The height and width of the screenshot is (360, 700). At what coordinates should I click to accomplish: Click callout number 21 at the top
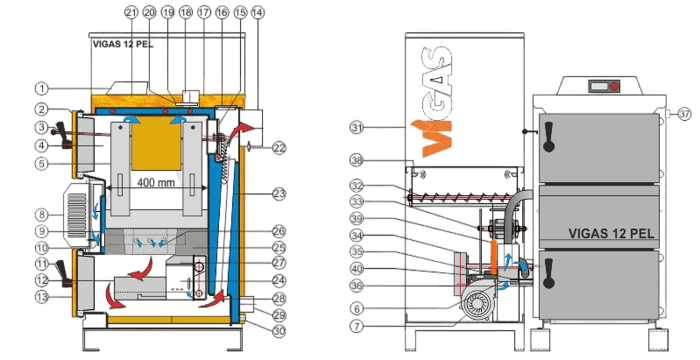131,12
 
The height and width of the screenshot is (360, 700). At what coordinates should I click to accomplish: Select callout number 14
257,12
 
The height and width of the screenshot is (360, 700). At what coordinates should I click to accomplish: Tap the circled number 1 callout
41,88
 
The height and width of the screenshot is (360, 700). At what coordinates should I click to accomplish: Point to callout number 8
41,215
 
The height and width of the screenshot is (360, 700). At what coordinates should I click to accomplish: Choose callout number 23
279,194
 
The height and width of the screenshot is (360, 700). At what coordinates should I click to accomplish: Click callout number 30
279,331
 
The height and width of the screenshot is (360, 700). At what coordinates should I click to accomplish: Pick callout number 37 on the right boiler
684,114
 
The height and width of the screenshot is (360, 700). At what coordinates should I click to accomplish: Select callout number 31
357,128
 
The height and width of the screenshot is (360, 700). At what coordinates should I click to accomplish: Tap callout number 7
357,326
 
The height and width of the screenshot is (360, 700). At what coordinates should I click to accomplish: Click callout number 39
357,219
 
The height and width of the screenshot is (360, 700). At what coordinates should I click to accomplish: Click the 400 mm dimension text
156,183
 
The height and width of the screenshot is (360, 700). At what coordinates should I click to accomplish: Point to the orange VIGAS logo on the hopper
436,102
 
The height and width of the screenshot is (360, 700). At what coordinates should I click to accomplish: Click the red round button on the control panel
615,87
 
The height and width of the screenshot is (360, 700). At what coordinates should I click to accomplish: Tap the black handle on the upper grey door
548,137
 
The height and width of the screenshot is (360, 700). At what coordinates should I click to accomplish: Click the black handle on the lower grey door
548,273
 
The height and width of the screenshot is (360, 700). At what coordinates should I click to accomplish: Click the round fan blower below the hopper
477,304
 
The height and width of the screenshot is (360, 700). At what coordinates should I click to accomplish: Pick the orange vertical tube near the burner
492,258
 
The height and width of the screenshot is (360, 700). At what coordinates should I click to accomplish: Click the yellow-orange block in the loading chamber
156,143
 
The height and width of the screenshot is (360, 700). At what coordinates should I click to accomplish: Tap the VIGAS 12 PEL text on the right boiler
612,233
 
